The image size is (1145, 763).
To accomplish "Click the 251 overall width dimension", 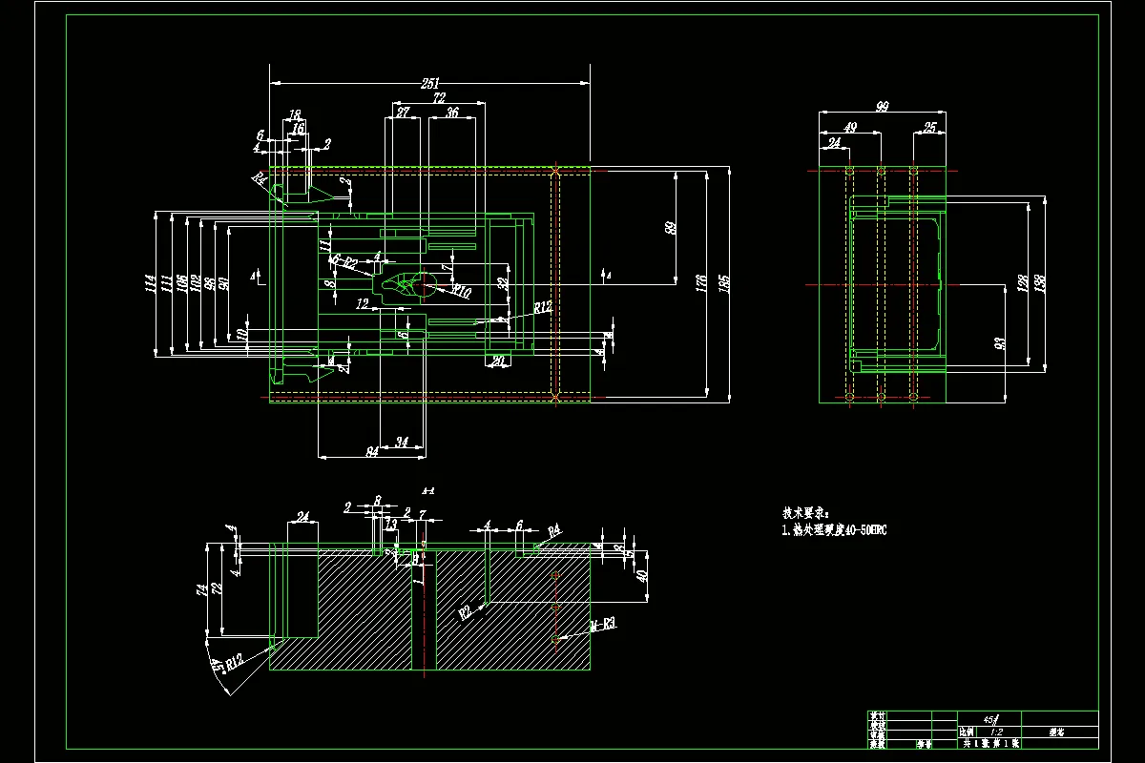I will coord(431,84).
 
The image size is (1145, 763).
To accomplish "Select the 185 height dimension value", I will coord(724,283).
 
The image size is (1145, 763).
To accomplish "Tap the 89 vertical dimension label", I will coord(671,228).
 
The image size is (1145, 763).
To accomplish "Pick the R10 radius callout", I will coord(461,292).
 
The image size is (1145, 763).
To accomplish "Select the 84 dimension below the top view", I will coord(372,452).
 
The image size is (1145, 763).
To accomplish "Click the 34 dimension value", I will coord(402,443).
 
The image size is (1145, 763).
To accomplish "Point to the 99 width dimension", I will coord(882,108).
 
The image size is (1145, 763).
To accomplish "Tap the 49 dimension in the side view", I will coord(850,128).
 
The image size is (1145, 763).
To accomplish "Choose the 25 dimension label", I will coord(929,128).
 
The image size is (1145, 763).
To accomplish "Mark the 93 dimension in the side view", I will coord(999,341).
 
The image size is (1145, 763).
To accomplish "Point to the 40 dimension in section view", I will coord(642,576).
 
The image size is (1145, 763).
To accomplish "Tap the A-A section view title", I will coord(428,491).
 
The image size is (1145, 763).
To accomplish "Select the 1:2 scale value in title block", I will coord(997,731).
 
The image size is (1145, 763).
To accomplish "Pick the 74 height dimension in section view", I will coord(202,590).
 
